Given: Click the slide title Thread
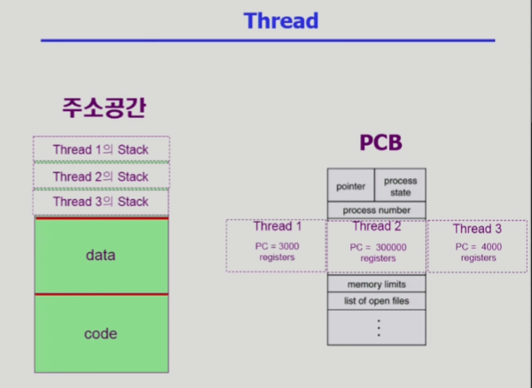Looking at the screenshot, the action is (x=281, y=20).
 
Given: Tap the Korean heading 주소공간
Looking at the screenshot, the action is (x=104, y=107).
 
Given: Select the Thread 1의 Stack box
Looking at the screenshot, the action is (x=101, y=149).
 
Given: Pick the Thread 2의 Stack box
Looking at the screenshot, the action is (x=101, y=176).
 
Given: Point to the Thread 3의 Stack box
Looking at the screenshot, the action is (x=101, y=202).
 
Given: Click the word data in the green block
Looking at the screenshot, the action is (x=100, y=255).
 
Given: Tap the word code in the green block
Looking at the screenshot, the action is (x=100, y=334).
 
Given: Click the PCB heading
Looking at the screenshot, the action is (x=380, y=142).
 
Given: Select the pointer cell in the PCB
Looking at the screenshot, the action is (x=351, y=185).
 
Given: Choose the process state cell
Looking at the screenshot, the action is (x=401, y=185).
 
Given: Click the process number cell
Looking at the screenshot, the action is (x=377, y=210).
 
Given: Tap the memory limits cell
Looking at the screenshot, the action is (x=377, y=284).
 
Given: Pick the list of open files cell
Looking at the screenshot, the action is (x=377, y=301).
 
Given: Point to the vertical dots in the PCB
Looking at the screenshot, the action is (x=379, y=328).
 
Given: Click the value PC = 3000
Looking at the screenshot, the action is (x=278, y=246).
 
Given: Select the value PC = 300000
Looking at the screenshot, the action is (x=378, y=247).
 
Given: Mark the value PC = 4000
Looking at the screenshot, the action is (x=479, y=247).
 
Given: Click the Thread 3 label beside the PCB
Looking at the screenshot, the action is (x=477, y=229).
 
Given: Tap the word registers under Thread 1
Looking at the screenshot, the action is (x=278, y=257).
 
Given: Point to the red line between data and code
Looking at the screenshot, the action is (x=101, y=294).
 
